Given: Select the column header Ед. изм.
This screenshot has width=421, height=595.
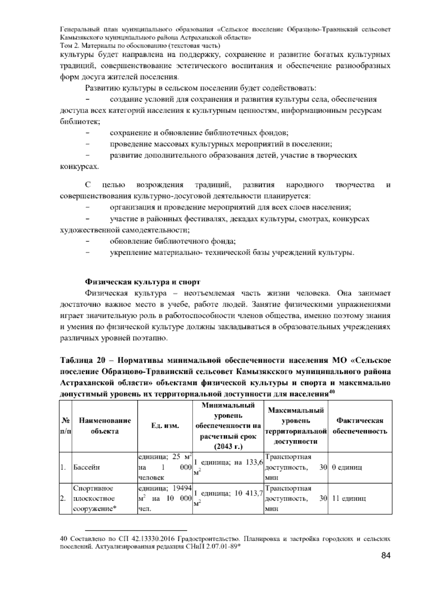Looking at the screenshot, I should point(165,426).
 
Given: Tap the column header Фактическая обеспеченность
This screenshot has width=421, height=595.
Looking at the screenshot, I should point(360,426).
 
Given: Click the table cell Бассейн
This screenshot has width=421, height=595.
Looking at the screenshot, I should point(87,467).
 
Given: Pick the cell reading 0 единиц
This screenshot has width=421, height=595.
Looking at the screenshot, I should point(347,467).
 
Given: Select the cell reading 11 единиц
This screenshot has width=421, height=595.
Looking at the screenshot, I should point(349,498).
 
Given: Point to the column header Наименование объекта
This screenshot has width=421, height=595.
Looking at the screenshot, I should point(105,426).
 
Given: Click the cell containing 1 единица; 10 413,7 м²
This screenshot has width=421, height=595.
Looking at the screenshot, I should point(228,498).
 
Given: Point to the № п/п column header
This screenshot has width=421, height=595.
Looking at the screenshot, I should point(65,426).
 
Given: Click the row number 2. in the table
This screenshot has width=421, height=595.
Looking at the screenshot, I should point(63,498).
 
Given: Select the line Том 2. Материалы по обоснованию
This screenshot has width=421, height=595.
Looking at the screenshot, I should point(140,46).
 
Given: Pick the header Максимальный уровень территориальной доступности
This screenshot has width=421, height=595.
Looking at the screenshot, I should point(295,426).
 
